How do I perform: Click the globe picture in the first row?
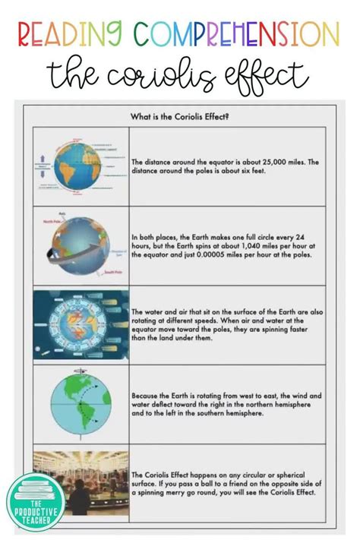tap(79, 166)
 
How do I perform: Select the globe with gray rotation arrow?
tap(79, 245)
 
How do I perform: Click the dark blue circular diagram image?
tap(81, 325)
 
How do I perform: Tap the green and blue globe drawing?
tap(81, 403)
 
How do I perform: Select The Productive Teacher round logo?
tap(36, 501)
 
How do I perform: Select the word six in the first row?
tap(219, 170)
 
